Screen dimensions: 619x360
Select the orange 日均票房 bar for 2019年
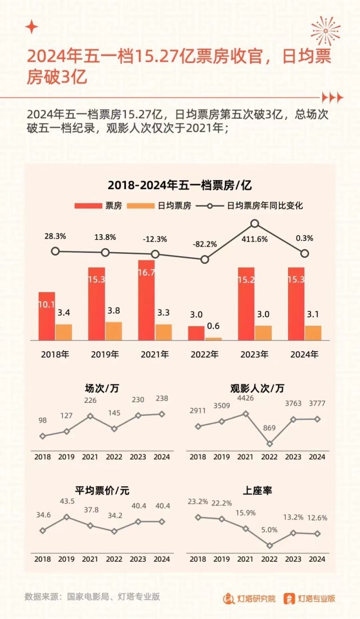click(x=114, y=331)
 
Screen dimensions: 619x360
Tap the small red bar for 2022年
click(x=196, y=333)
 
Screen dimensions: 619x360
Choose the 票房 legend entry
click(x=98, y=206)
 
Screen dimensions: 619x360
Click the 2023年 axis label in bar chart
click(x=254, y=355)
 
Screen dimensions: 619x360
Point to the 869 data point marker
click(x=269, y=443)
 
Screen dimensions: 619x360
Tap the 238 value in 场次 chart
click(x=162, y=399)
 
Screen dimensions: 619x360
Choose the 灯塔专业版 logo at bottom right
click(x=309, y=598)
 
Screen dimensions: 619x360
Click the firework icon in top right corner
click(x=326, y=30)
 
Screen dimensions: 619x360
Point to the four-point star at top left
click(x=32, y=26)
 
